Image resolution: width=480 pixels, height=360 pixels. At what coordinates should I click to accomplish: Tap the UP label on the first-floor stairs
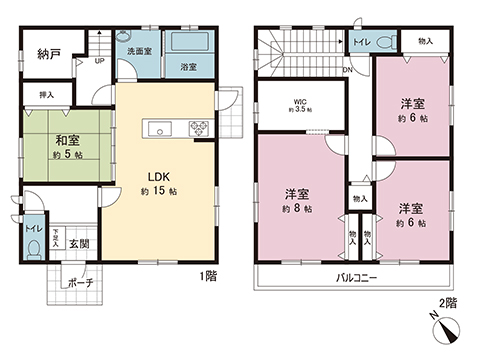98,61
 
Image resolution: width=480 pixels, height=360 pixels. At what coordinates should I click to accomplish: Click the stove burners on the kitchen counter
196,128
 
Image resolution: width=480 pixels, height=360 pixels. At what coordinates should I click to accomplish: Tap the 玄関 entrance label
79,244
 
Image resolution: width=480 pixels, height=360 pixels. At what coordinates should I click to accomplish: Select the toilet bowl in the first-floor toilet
33,250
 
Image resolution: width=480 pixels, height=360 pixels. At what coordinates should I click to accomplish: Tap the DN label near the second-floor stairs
345,70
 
